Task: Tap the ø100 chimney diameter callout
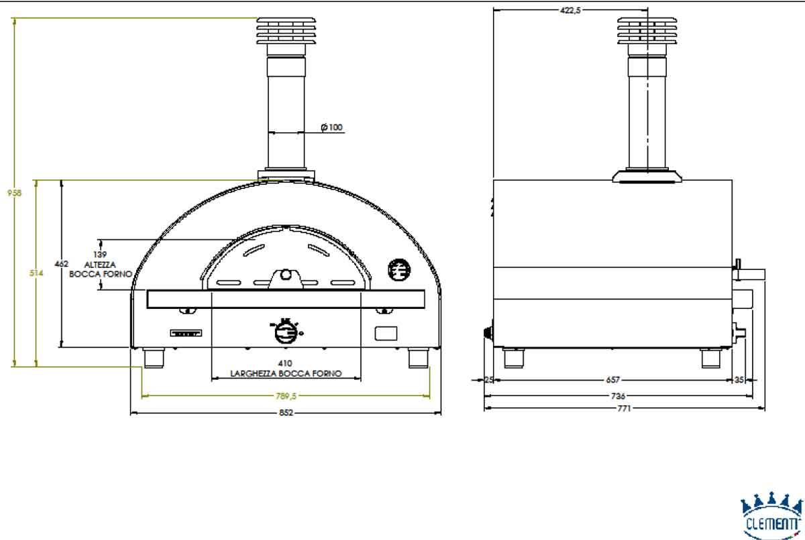(331, 127)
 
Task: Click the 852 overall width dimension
(286, 413)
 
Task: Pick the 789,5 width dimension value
(286, 396)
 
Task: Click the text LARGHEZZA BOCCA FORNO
(286, 374)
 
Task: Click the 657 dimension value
(612, 380)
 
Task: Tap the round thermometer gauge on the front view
(398, 269)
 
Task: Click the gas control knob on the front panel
(286, 330)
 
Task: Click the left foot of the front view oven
(155, 358)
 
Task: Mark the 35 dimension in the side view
(739, 380)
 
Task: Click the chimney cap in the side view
(647, 30)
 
